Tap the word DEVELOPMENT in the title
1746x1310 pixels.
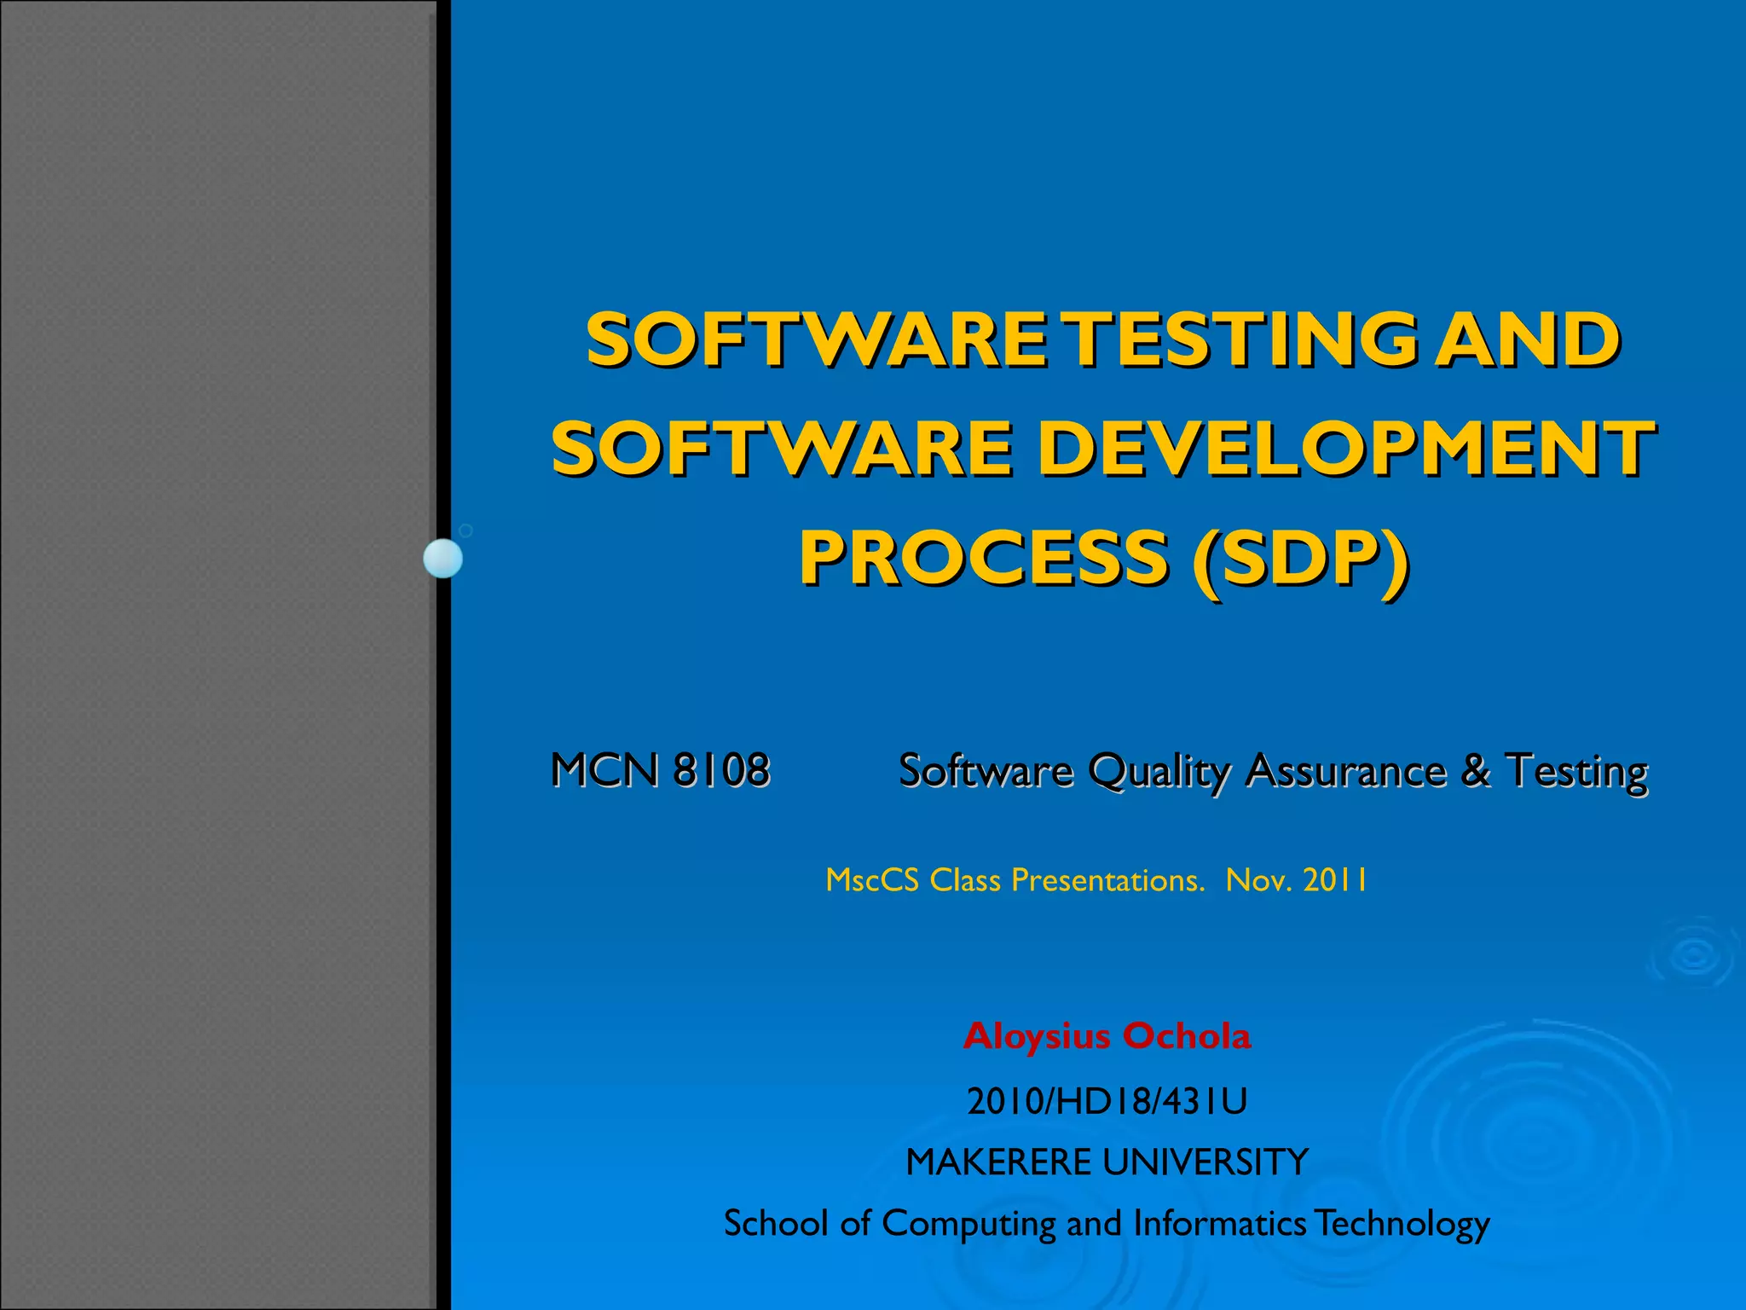1348,449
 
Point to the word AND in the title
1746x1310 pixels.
1527,339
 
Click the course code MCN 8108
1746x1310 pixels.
661,770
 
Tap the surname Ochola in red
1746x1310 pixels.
1187,1036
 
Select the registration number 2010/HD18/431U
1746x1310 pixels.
1107,1101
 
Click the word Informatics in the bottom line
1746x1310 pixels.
1219,1223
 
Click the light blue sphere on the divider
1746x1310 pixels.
443,559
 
